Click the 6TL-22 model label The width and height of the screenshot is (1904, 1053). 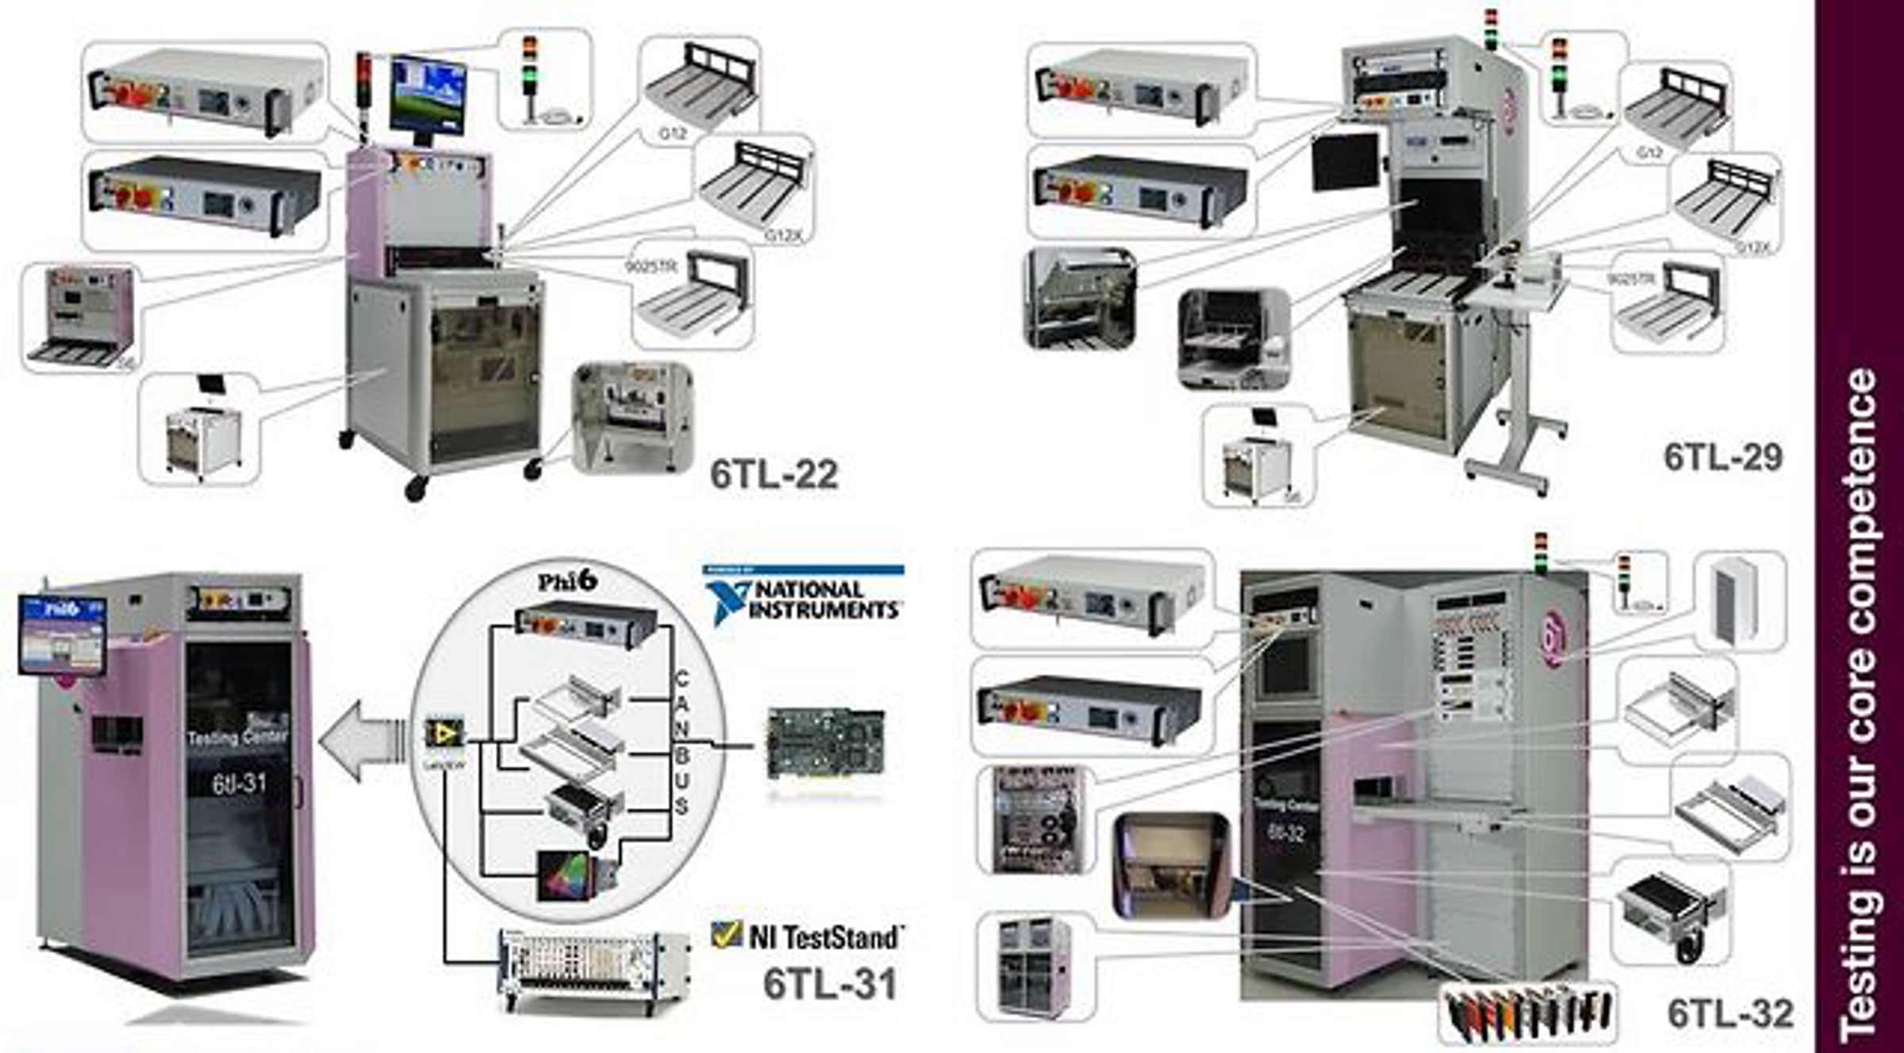[773, 474]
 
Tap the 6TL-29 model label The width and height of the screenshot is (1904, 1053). [1722, 457]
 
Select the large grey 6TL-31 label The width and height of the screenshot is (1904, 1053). [830, 984]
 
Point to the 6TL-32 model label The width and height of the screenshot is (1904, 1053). [1729, 1013]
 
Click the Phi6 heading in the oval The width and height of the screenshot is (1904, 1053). [566, 580]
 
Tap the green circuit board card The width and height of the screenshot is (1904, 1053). [825, 742]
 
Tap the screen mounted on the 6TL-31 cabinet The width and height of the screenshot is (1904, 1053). [62, 634]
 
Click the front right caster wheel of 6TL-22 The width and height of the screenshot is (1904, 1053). [533, 469]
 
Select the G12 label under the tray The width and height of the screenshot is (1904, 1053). [673, 134]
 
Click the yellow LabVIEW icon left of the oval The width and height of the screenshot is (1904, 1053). [443, 733]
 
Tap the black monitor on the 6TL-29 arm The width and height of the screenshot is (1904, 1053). [1345, 161]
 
